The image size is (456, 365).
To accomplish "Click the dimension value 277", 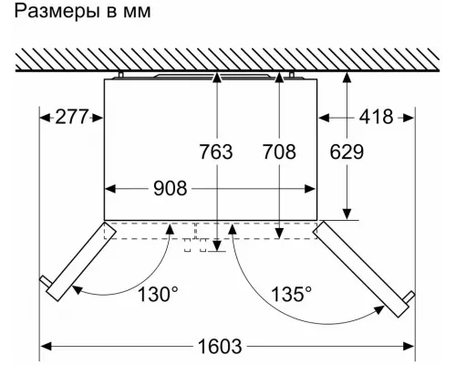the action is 72,117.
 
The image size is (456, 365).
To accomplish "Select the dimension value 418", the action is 377,117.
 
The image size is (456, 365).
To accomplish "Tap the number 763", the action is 216,151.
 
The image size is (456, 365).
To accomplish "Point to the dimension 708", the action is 279,151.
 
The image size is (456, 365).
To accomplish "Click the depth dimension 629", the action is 347,151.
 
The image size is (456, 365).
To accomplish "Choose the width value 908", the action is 171,188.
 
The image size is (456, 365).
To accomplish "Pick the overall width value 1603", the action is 220,346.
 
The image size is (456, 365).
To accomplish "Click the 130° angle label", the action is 158,294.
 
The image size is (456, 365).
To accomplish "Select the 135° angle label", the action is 291,294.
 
